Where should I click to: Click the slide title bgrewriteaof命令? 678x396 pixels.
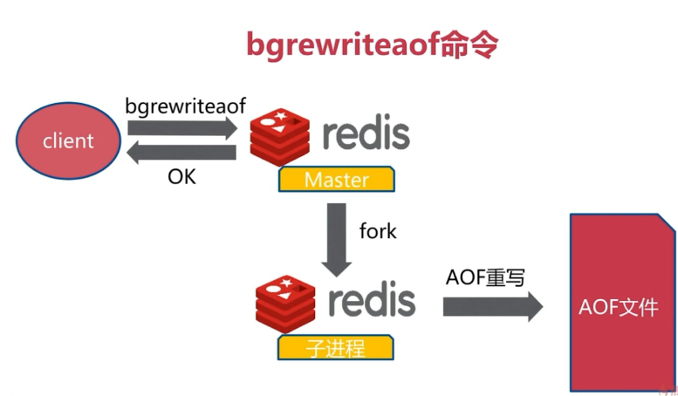point(371,45)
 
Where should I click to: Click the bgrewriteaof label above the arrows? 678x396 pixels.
point(185,106)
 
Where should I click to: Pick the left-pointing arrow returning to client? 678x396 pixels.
point(181,154)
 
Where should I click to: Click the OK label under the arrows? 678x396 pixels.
point(181,176)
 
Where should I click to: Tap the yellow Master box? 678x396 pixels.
point(336,181)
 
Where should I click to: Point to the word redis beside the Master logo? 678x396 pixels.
point(366,135)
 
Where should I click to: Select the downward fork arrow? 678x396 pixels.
point(336,237)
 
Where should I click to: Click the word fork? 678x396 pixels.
point(378,231)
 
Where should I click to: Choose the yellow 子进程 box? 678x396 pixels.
point(334,348)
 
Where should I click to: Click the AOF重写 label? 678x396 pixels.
point(485,278)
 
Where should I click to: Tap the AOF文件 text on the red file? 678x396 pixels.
point(618,308)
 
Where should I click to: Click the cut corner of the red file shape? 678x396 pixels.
point(667,222)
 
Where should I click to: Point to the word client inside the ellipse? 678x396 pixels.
point(68,140)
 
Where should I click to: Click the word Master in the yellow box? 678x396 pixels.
point(336,181)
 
